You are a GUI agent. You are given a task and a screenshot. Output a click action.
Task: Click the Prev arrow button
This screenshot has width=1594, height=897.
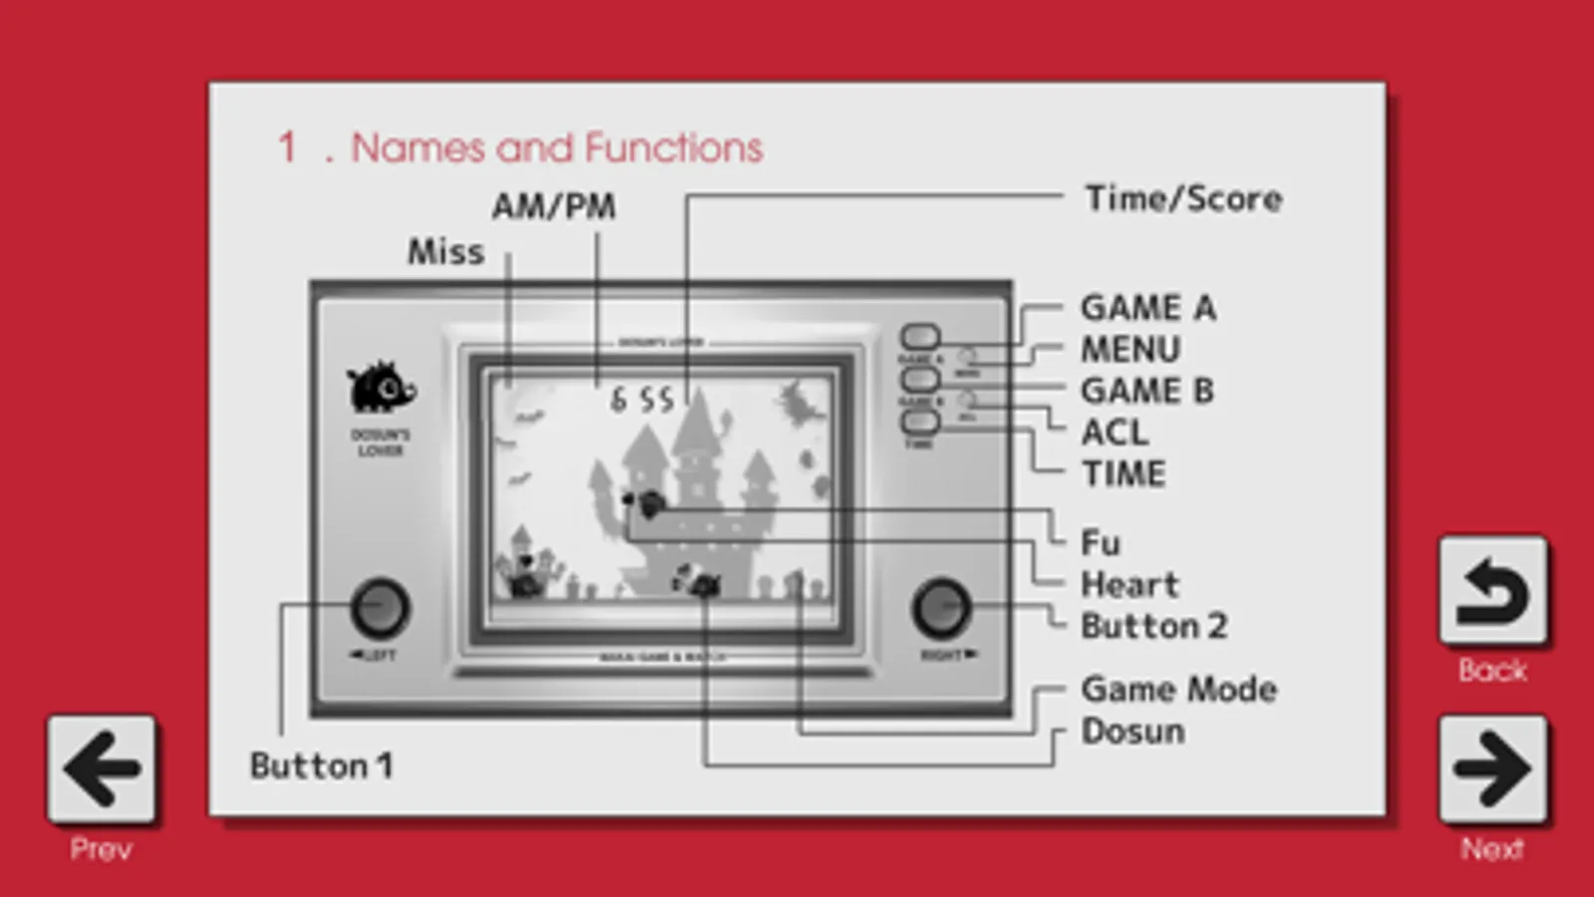click(101, 768)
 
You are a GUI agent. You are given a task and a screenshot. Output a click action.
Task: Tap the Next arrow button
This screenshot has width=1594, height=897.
click(1492, 768)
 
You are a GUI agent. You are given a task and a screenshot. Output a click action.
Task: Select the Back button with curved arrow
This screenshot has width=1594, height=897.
click(1492, 592)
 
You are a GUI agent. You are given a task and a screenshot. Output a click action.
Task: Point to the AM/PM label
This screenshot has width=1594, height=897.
click(553, 206)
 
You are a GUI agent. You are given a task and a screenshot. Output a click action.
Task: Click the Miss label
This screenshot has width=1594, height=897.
click(446, 252)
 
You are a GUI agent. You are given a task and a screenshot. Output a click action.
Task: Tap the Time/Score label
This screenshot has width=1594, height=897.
click(1183, 198)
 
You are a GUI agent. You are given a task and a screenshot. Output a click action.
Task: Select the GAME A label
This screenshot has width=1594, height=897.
click(1148, 308)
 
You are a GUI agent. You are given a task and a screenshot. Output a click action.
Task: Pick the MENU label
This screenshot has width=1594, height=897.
click(1130, 350)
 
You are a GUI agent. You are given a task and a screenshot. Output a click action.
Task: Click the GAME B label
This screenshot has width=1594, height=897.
click(1147, 391)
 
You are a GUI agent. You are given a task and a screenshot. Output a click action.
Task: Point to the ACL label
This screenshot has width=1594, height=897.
click(1115, 433)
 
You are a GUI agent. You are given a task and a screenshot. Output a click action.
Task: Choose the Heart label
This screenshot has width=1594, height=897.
click(1129, 585)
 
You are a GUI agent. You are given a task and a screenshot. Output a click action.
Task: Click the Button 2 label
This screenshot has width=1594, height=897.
click(1153, 626)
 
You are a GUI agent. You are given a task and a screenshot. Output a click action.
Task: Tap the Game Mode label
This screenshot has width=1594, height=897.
click(1178, 689)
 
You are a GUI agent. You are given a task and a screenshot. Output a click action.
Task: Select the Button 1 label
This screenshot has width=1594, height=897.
click(320, 765)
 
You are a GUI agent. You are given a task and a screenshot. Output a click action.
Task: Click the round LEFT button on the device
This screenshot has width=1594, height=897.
click(380, 607)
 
